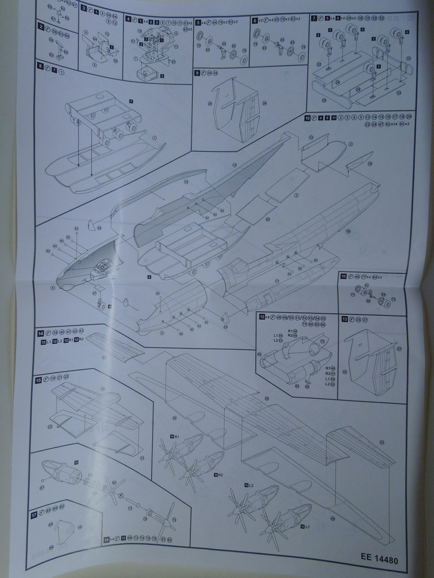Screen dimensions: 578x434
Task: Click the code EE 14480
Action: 379,555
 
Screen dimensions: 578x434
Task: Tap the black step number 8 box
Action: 41,70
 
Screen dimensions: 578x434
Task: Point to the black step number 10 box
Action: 307,118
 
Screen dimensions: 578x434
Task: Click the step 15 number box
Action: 38,380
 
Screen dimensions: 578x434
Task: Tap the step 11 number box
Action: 344,277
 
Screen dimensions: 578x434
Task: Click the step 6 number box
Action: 255,21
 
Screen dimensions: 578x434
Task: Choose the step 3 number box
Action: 83,9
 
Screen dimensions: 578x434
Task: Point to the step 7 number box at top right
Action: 314,18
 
